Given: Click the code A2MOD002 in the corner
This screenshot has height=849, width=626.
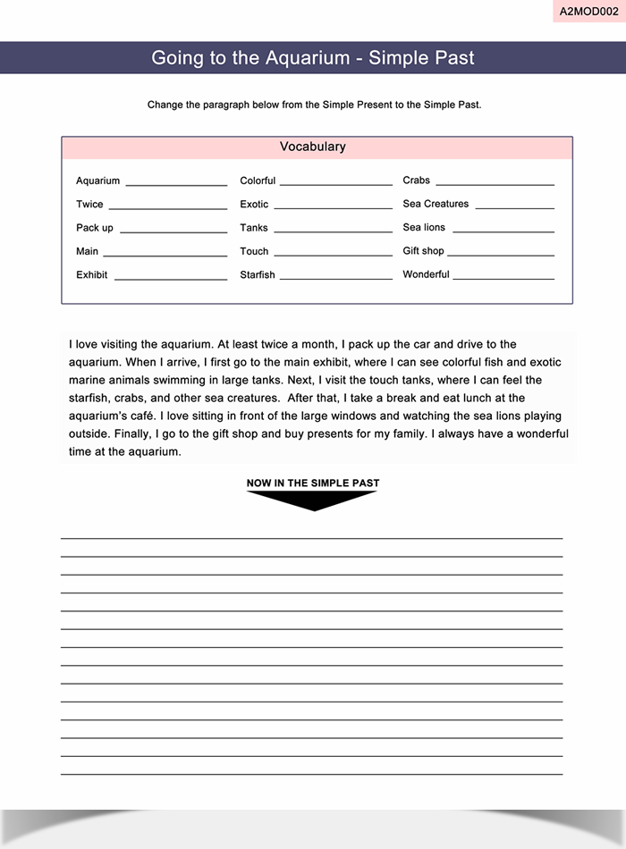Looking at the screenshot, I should pyautogui.click(x=588, y=12).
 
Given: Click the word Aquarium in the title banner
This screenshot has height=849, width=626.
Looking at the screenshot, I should pyautogui.click(x=307, y=58).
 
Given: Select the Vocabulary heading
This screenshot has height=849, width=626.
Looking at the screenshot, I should pyautogui.click(x=312, y=147).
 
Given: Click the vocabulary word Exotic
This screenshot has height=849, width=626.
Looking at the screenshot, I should pyautogui.click(x=254, y=205).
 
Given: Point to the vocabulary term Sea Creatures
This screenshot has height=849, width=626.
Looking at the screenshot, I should pyautogui.click(x=436, y=204).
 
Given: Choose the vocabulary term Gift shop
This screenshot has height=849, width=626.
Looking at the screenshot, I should pyautogui.click(x=423, y=251).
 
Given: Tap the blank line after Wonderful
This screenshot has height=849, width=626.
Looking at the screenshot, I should pyautogui.click(x=503, y=279).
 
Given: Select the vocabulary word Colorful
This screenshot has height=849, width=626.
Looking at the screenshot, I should pyautogui.click(x=258, y=181).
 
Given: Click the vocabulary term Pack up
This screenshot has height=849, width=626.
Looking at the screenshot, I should pyautogui.click(x=95, y=228).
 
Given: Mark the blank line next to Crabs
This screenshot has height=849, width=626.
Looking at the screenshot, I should pyautogui.click(x=495, y=185).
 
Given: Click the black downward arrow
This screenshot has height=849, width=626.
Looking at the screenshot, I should pyautogui.click(x=312, y=500).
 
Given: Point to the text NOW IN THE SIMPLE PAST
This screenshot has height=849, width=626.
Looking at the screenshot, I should pyautogui.click(x=313, y=483).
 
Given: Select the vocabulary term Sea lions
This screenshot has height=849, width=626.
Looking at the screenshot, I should pyautogui.click(x=424, y=227).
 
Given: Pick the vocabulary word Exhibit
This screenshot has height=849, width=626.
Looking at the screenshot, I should pyautogui.click(x=91, y=274).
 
